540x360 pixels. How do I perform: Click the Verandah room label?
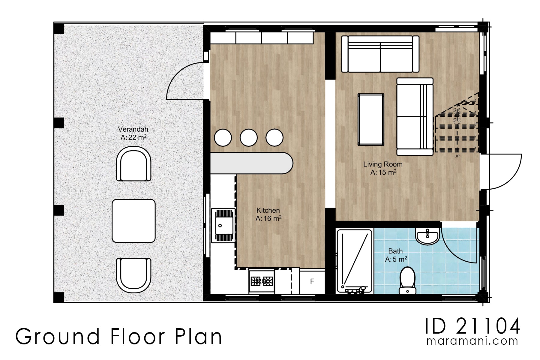[x=133, y=130]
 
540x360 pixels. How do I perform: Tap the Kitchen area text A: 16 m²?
[x=268, y=219]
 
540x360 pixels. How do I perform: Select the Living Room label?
[x=383, y=164]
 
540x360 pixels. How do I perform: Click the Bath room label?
[x=395, y=251]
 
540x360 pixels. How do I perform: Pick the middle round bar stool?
[x=249, y=138]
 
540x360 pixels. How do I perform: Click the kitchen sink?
[x=223, y=225]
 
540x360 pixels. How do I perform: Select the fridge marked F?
[x=312, y=281]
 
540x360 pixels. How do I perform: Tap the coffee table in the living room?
[x=371, y=119]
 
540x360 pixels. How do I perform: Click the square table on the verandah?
[x=134, y=221]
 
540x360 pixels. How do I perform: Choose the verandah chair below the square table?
[x=133, y=275]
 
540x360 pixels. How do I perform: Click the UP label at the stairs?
[x=457, y=156]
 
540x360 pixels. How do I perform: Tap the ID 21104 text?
[x=472, y=327]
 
